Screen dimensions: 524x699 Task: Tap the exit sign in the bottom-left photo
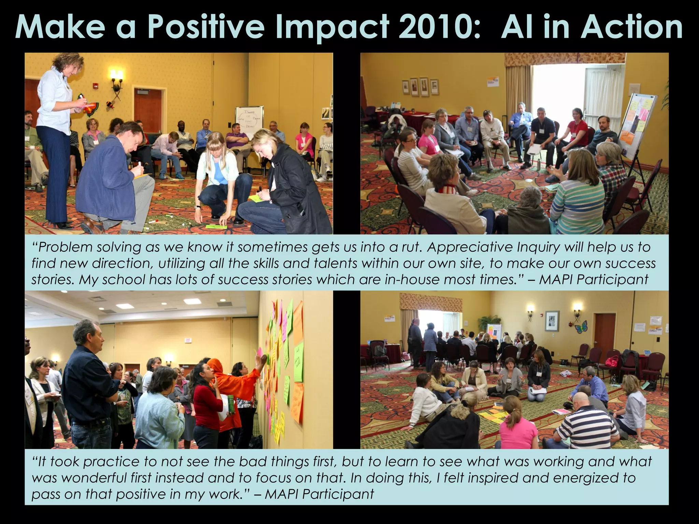(187, 340)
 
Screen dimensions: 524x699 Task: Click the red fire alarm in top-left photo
(96, 85)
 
